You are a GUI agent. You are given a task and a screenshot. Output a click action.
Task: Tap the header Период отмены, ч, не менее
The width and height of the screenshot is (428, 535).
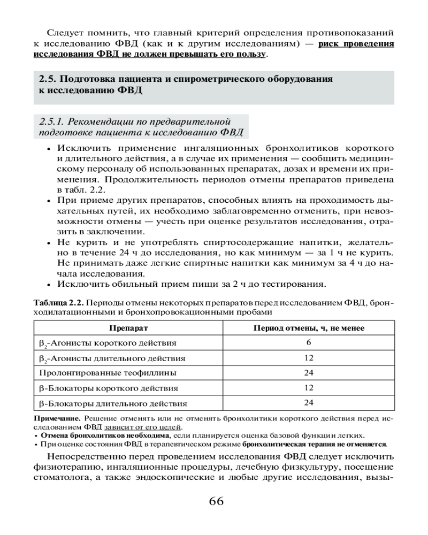(x=308, y=327)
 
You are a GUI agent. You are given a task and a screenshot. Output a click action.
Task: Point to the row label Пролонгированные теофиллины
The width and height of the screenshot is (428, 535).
(x=108, y=372)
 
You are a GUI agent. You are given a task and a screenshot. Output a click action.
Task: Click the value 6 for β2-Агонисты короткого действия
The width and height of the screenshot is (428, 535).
(x=309, y=342)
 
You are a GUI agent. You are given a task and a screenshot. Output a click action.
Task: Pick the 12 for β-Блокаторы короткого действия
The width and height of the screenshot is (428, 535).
(x=309, y=387)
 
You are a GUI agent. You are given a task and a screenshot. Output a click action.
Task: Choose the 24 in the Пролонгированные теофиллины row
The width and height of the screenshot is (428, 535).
(x=309, y=372)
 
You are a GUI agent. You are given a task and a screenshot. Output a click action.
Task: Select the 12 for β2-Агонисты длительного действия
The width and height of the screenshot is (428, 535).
(x=309, y=357)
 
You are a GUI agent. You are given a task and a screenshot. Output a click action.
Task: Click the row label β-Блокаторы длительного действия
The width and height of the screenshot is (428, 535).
(x=113, y=402)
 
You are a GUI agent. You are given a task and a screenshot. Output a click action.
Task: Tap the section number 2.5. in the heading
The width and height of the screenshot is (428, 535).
(x=48, y=79)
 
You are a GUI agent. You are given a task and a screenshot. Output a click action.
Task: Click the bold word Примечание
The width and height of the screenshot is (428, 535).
(x=58, y=417)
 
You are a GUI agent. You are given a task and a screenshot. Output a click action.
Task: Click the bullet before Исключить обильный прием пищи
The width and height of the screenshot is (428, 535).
(x=48, y=284)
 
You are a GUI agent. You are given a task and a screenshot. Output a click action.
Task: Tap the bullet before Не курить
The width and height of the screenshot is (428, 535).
(x=48, y=243)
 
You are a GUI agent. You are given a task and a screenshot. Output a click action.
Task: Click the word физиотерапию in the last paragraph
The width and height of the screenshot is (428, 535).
(x=63, y=468)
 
